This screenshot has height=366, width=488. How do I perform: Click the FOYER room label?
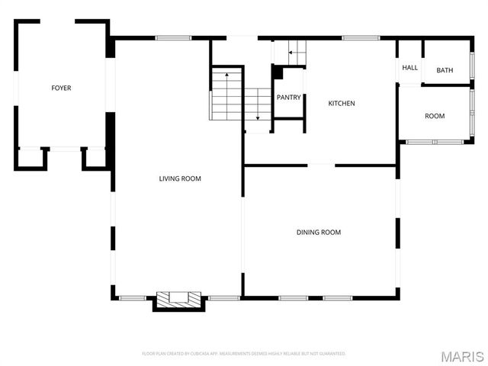pos(61,88)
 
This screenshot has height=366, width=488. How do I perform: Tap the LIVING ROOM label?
pos(180,178)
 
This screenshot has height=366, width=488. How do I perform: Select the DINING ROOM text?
pos(319,232)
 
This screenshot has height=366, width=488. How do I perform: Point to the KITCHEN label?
pos(342,104)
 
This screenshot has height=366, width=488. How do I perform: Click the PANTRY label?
pos(289,98)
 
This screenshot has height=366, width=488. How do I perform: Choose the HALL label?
pos(410,68)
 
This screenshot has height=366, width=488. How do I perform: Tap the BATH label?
pos(445,71)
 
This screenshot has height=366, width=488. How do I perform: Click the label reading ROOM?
pos(435,116)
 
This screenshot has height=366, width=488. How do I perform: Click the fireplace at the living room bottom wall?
pos(179,300)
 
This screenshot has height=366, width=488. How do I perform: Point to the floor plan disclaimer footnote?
pos(244,354)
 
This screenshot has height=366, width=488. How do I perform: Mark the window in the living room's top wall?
pos(173,37)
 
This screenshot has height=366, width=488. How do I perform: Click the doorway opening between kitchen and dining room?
pos(321,165)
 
